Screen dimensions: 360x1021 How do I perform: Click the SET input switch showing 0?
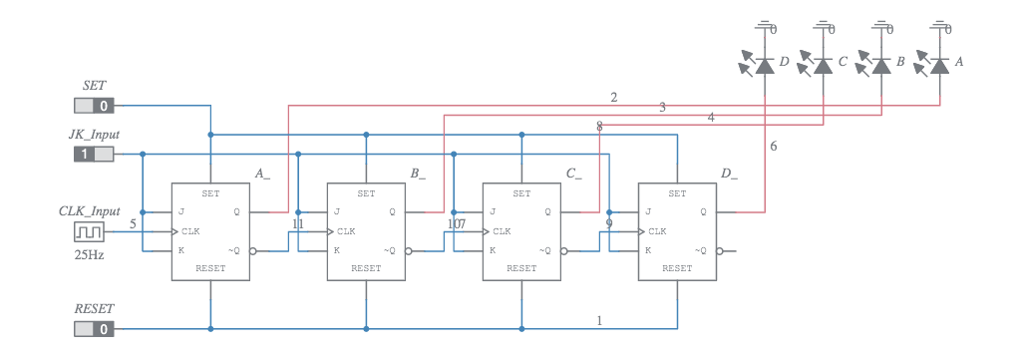[94, 105]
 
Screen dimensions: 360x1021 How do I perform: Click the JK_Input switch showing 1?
[94, 154]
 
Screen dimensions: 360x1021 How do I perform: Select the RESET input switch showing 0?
[94, 328]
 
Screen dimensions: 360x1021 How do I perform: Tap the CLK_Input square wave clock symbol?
[88, 231]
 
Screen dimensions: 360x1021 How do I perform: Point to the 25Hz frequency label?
[88, 254]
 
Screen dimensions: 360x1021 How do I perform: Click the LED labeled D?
[764, 65]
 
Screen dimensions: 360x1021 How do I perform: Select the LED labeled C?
[822, 65]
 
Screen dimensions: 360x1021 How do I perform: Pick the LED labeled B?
[879, 65]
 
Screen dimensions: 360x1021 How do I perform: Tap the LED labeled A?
[938, 65]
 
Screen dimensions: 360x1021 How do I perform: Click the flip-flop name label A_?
[262, 174]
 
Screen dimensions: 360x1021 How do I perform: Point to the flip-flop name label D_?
[729, 174]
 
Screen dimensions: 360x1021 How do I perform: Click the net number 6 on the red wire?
[774, 147]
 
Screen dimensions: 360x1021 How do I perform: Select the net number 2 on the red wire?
[613, 97]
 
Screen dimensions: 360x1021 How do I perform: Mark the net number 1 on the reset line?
[599, 320]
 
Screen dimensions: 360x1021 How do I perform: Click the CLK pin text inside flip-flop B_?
[344, 231]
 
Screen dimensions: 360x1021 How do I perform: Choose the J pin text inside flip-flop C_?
[493, 211]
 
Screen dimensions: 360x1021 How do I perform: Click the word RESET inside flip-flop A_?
[210, 268]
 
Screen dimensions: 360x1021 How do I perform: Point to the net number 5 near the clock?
[133, 223]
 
